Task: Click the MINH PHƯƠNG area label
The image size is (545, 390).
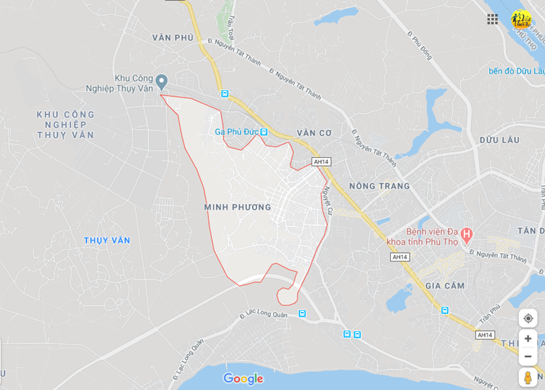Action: [238, 207]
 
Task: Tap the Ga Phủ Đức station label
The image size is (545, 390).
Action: [237, 132]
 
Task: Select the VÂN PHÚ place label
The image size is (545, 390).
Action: [173, 38]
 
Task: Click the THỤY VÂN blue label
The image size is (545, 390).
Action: [107, 240]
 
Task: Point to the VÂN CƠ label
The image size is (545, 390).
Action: [314, 133]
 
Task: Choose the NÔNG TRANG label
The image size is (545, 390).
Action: [379, 186]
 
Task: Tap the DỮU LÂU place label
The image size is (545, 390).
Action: [499, 140]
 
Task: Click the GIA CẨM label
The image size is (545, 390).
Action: [445, 286]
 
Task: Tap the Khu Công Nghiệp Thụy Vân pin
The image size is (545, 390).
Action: [161, 82]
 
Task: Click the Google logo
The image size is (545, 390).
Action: [243, 379]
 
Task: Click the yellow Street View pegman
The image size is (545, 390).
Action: [528, 377]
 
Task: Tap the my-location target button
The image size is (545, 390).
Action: [528, 318]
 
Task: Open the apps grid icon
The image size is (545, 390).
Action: [493, 19]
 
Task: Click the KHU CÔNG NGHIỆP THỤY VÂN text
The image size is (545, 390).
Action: [65, 124]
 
